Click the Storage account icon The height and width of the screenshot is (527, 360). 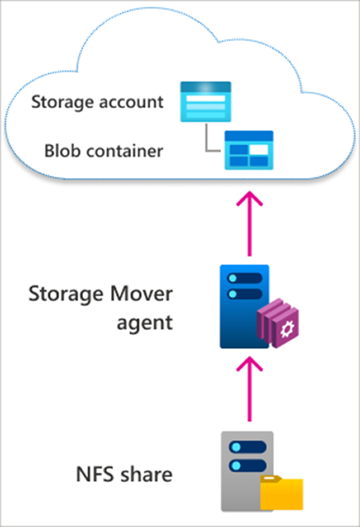206,102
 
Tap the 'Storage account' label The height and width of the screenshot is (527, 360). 98,101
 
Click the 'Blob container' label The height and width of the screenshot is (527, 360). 103,150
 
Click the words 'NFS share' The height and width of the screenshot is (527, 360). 124,475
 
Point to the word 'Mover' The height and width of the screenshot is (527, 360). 142,295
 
